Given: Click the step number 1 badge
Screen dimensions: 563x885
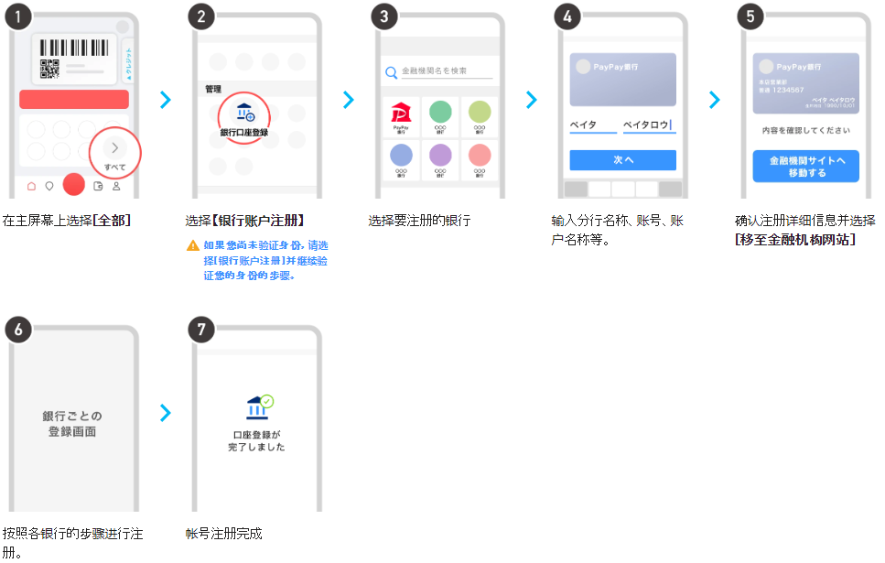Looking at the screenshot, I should click(18, 16).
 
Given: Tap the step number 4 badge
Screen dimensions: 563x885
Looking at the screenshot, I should click(567, 16).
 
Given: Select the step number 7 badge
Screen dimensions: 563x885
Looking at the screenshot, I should click(201, 330).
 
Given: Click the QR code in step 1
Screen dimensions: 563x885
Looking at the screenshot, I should click(49, 69).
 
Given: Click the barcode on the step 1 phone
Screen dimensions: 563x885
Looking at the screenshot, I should click(73, 48).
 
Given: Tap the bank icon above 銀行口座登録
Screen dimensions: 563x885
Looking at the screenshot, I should click(245, 114).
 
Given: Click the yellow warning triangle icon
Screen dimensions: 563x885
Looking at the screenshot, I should click(192, 245).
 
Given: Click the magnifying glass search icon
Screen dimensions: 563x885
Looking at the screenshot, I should click(391, 71).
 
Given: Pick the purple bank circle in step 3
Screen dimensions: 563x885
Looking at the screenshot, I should click(440, 156).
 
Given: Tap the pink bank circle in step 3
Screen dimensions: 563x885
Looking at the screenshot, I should click(480, 156).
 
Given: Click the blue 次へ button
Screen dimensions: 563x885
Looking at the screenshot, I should click(622, 159).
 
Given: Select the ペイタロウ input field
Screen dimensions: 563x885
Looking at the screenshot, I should click(648, 125).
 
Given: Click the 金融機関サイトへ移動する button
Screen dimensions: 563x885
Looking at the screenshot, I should click(805, 166).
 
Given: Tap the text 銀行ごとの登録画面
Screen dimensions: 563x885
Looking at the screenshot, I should click(72, 423).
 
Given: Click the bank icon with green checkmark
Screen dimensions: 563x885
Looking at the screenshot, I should click(259, 407).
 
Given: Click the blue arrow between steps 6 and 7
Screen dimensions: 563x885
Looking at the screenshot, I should click(165, 413).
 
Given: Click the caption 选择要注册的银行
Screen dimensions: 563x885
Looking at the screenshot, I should click(419, 221).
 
